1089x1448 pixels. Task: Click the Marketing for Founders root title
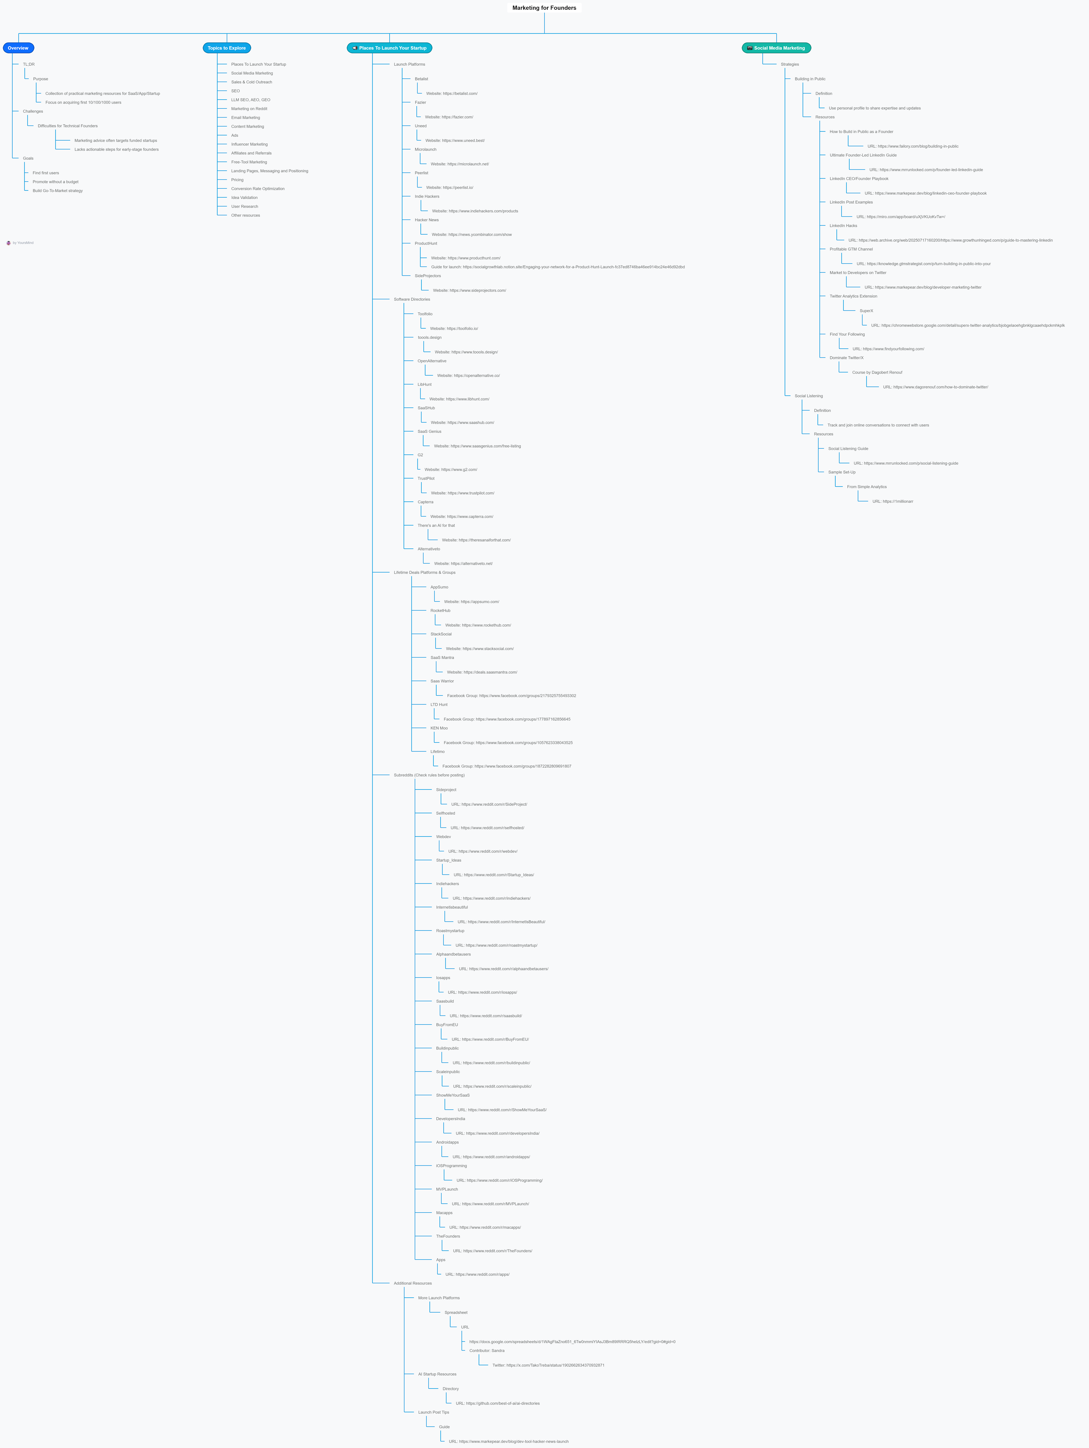point(544,8)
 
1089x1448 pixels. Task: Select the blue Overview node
point(18,48)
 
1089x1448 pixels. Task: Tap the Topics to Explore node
point(226,48)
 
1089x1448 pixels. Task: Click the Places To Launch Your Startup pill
point(389,48)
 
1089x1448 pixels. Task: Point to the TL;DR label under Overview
point(29,64)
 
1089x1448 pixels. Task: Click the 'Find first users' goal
point(46,173)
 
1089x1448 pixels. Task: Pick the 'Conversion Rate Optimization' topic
point(258,189)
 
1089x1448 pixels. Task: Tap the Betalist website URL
point(452,94)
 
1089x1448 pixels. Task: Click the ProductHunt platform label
point(426,244)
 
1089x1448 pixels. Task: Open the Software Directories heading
point(412,299)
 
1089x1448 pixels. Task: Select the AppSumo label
point(439,587)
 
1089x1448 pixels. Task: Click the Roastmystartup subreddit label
point(450,931)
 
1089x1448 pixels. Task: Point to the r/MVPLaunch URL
point(490,1204)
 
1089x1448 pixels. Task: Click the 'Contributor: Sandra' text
point(487,1350)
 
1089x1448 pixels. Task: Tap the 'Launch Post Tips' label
point(434,1412)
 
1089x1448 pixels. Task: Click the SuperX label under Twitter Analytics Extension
point(866,311)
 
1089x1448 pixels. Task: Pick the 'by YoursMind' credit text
point(23,243)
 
